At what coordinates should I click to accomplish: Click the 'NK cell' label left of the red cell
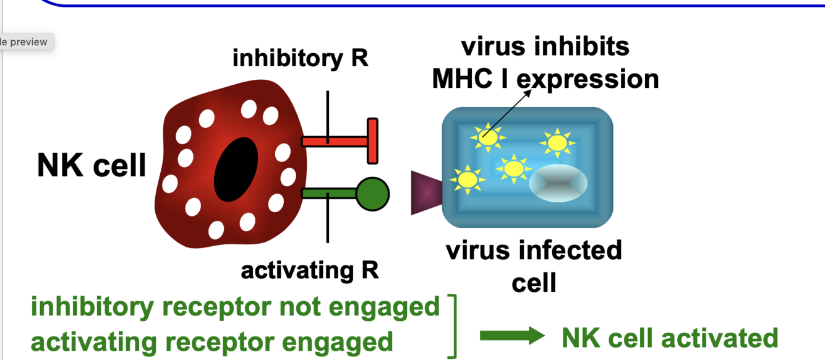click(92, 166)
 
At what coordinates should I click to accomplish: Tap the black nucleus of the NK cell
click(236, 169)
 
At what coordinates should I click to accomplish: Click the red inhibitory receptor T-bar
click(372, 141)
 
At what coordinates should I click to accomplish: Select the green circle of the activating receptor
click(372, 194)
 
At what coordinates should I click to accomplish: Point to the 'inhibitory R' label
click(300, 59)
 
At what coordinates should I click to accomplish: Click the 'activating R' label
click(310, 271)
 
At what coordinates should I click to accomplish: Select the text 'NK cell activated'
click(669, 338)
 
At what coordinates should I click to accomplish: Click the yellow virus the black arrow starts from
click(487, 137)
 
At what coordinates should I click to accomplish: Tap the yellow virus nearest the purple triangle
click(468, 179)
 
